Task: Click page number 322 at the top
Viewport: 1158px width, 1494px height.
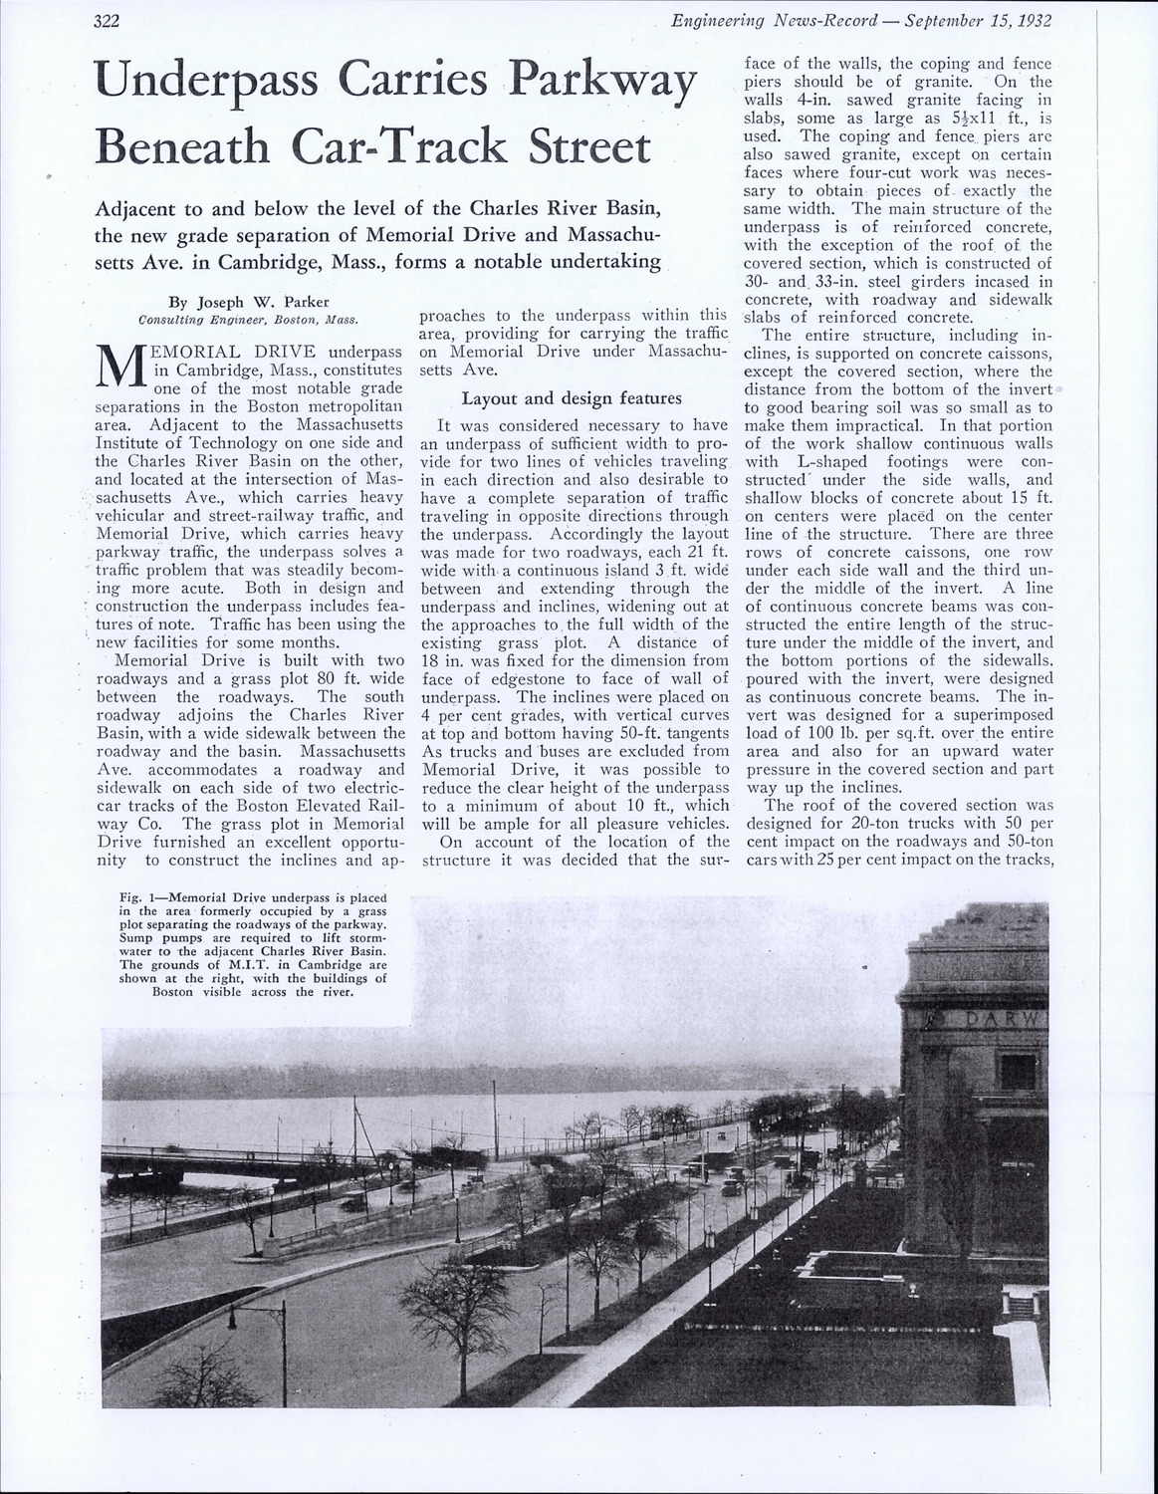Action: pos(107,21)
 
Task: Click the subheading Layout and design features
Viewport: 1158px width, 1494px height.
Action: pos(572,398)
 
